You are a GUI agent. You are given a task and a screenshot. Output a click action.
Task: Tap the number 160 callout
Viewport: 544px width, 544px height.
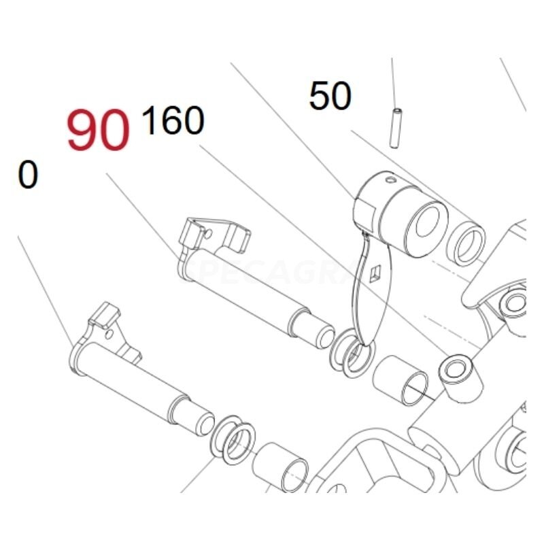click(173, 122)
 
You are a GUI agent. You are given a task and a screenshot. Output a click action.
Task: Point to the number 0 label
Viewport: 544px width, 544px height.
click(28, 175)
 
